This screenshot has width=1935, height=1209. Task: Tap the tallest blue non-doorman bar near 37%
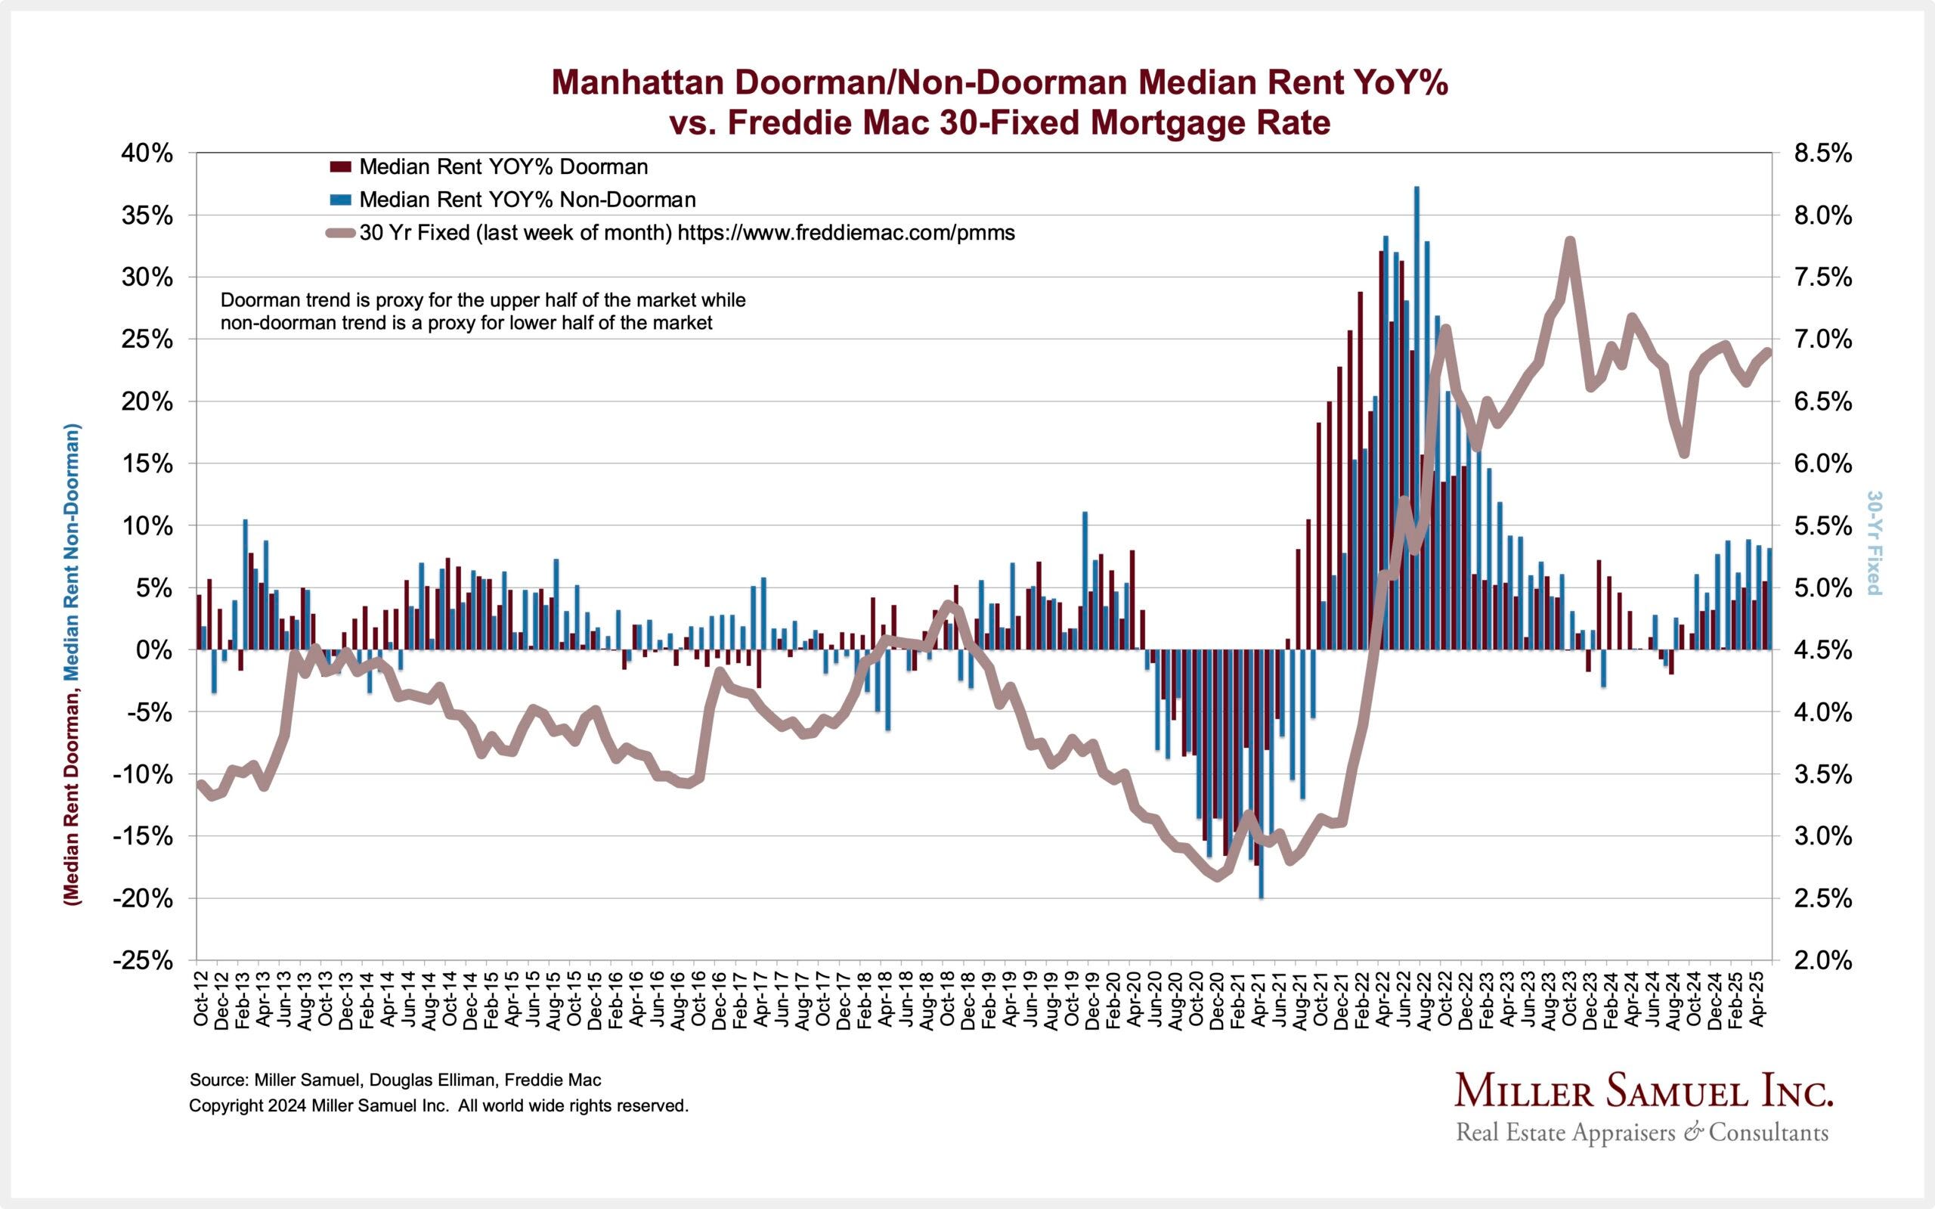(1416, 320)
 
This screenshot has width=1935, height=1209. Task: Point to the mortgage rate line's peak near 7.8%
(1570, 240)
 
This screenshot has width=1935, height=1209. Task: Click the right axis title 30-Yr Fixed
(1873, 543)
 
